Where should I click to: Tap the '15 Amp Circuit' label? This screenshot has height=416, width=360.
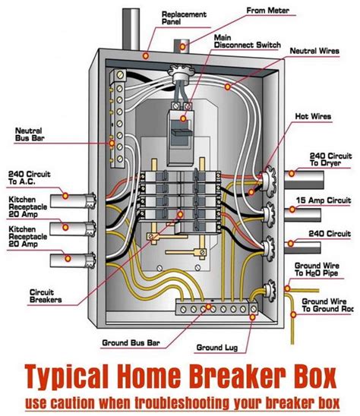(327, 200)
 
